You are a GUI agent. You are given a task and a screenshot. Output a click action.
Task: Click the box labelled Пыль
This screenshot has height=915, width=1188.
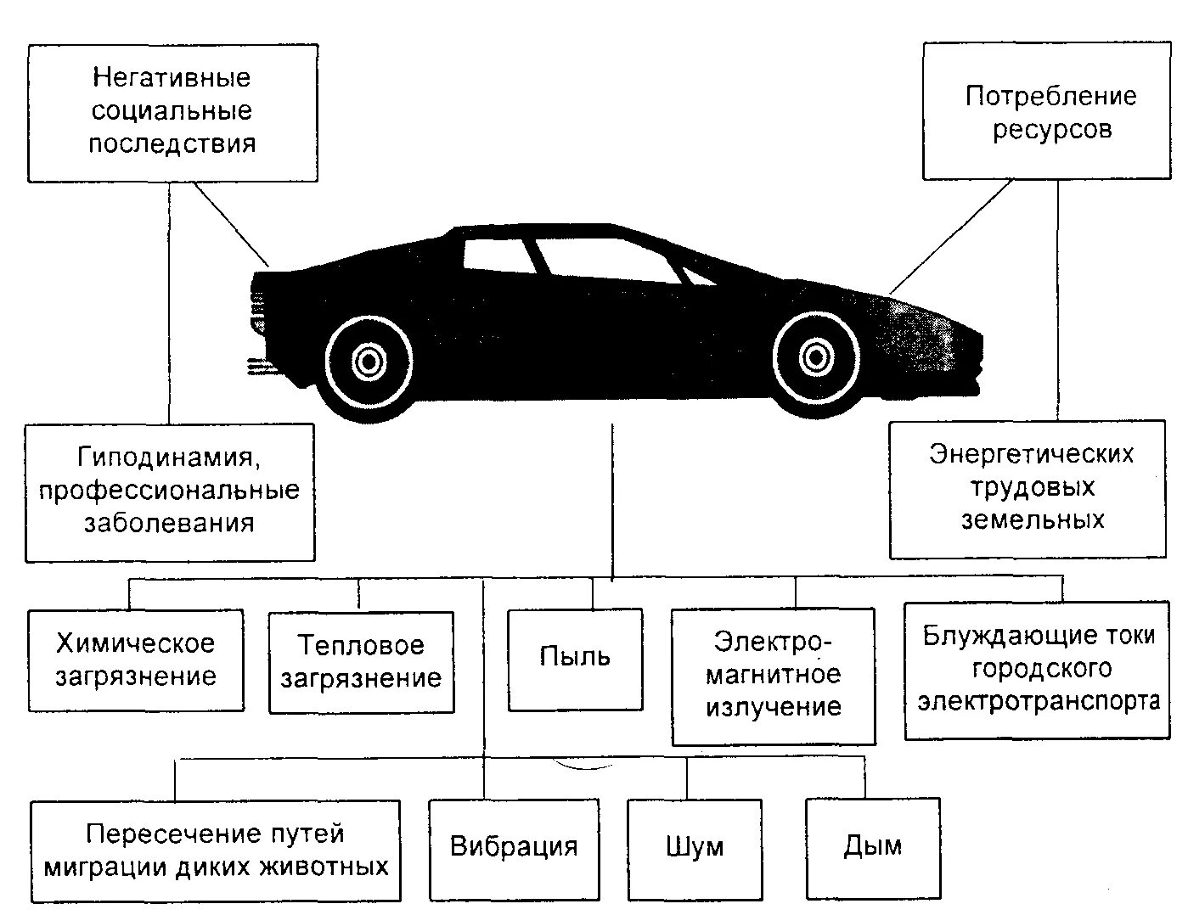coord(575,659)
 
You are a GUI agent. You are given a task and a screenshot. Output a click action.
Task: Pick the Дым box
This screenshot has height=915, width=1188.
coord(873,846)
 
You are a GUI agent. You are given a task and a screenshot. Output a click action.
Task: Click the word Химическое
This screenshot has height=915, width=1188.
coord(136,643)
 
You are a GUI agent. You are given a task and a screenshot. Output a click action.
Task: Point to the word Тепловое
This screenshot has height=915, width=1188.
coord(361,645)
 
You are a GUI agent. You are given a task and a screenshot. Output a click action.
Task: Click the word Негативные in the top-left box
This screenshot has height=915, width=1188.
coord(172,78)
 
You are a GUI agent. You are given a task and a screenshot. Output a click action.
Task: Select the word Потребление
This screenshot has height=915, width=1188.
coord(1050,96)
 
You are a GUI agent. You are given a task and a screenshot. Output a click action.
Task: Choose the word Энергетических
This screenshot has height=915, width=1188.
coord(1031,454)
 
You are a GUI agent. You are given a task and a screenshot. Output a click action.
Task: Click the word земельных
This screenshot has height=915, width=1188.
coord(1033,519)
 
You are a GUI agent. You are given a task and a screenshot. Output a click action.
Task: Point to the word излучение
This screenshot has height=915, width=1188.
coord(774,707)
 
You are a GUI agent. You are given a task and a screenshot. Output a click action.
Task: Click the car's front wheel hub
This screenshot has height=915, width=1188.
coord(814,357)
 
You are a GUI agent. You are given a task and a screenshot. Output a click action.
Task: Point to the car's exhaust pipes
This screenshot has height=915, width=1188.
coord(257,367)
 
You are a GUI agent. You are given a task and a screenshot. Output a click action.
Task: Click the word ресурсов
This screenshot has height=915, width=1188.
coord(1052,130)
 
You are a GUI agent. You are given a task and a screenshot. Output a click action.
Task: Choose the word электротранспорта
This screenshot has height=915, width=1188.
coord(1039,702)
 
